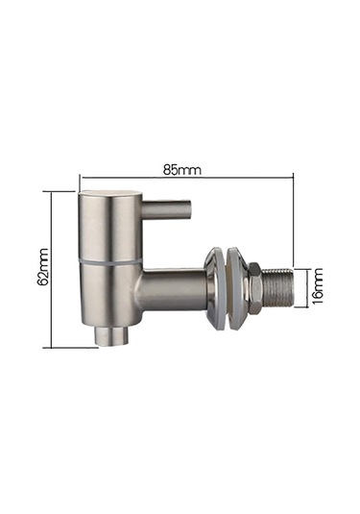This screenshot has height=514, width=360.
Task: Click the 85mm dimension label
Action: click(x=181, y=170)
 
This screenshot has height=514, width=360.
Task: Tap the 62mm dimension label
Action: click(x=43, y=267)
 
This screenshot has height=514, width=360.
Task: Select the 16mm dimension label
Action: click(x=317, y=286)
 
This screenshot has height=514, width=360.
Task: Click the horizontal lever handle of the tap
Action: click(x=167, y=208)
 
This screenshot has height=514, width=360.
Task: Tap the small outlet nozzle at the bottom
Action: click(x=112, y=335)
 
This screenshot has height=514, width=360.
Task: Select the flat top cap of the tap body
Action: click(x=109, y=193)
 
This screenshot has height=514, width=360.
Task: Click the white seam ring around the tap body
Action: click(x=110, y=262)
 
